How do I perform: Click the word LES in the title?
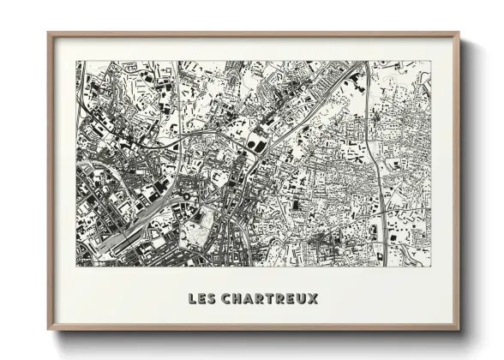[202, 299]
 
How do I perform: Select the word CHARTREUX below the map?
[269, 299]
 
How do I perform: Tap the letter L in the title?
[192, 299]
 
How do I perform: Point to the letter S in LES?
[213, 299]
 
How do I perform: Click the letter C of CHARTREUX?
[226, 299]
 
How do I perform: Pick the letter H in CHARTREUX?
[237, 299]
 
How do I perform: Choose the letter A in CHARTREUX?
[249, 299]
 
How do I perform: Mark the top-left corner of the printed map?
[77, 62]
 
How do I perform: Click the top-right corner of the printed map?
[430, 62]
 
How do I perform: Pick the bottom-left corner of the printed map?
[77, 265]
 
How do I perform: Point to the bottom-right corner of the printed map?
[430, 265]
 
